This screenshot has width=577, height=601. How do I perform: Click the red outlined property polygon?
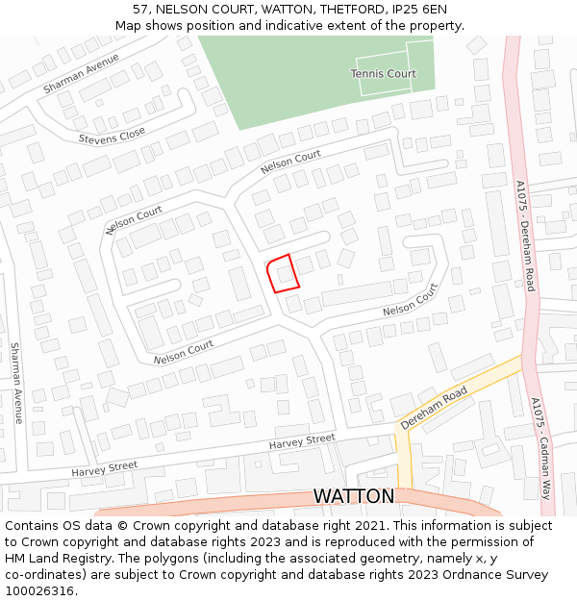coord(282,273)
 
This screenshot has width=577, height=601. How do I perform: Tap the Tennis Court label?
coord(383,74)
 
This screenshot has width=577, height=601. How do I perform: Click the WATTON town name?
coord(353,496)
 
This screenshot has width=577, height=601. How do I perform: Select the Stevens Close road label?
coord(113,136)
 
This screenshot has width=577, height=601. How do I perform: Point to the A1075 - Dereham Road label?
coord(524,236)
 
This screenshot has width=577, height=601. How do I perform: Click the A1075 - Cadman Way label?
coord(540,447)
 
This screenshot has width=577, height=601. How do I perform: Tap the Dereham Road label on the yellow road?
coord(434,408)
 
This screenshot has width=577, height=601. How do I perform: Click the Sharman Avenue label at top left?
coord(81,73)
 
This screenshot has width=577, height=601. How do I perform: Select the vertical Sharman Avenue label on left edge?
coord(16,384)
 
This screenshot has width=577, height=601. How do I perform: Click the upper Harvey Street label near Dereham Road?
coord(302,441)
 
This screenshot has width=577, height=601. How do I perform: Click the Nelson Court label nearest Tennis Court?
coord(290,162)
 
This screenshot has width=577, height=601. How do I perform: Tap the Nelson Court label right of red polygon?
coord(410,301)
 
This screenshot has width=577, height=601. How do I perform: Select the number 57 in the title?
coord(140,9)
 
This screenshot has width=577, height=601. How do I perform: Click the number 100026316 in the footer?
coord(39,590)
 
